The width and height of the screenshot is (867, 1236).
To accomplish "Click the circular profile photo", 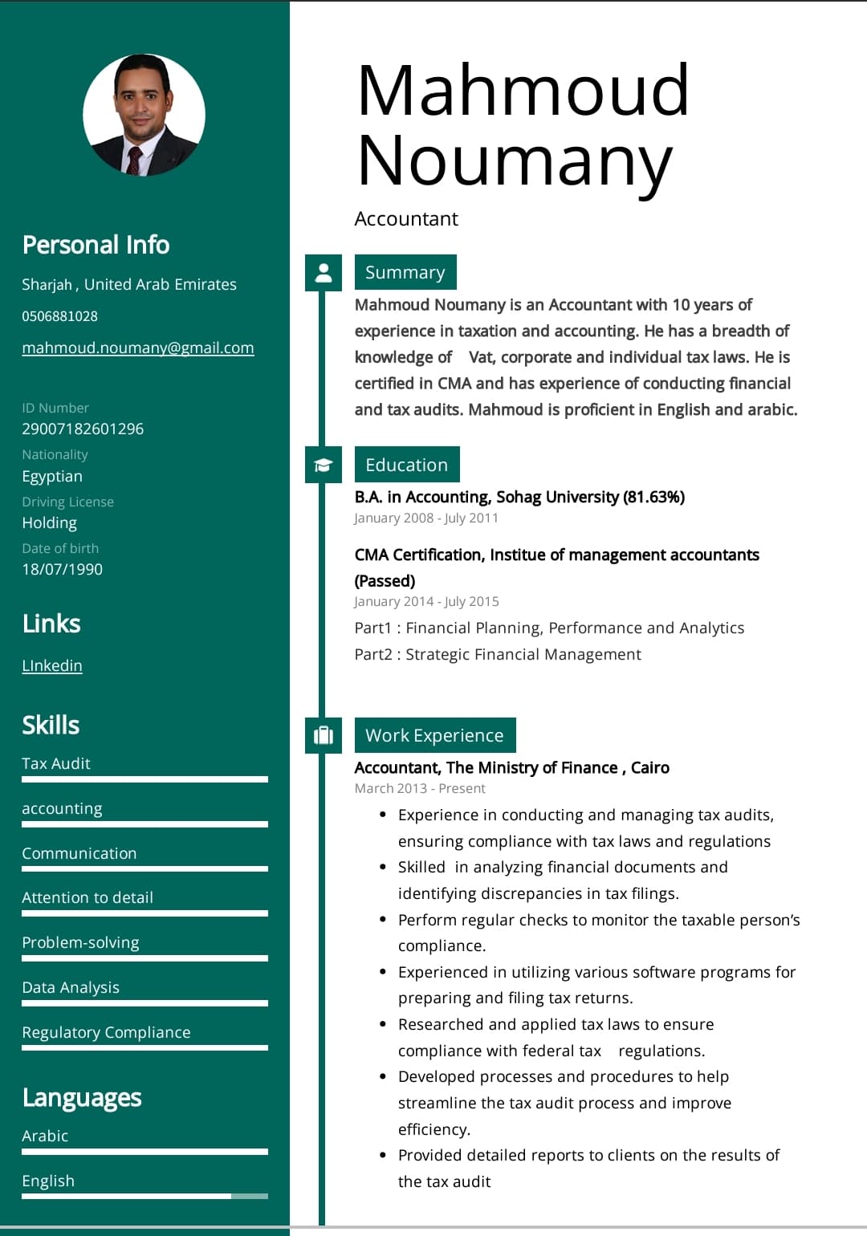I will click(144, 115).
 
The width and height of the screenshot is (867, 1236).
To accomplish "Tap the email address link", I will click(137, 348).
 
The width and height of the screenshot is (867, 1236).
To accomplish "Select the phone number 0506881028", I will click(59, 316).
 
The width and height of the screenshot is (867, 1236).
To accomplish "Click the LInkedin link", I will click(52, 665).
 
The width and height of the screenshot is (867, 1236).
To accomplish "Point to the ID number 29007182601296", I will click(83, 429).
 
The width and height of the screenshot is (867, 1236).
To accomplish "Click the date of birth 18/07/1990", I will click(62, 569).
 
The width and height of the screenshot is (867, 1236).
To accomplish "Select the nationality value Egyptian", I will click(52, 476).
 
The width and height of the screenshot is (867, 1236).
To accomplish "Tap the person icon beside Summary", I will click(324, 272).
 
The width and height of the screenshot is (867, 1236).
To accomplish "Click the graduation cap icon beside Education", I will click(324, 465).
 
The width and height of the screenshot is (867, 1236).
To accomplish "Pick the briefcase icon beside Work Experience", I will click(324, 735).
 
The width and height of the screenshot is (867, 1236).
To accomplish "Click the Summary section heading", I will click(405, 272).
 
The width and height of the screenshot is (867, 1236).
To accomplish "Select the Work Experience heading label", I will click(434, 735).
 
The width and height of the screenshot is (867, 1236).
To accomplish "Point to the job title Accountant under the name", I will click(406, 218).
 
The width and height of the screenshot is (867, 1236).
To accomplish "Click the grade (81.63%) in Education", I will click(654, 497).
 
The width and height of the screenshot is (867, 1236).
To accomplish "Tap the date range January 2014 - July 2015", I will click(426, 601).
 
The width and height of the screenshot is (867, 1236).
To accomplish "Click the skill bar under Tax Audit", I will click(144, 779).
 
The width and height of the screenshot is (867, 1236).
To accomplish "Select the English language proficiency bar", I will click(144, 1196).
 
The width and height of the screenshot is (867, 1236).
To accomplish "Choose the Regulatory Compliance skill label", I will click(106, 1032).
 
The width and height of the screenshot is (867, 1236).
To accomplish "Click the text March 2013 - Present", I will click(420, 788).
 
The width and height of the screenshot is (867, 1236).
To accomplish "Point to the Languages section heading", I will click(82, 1097).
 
